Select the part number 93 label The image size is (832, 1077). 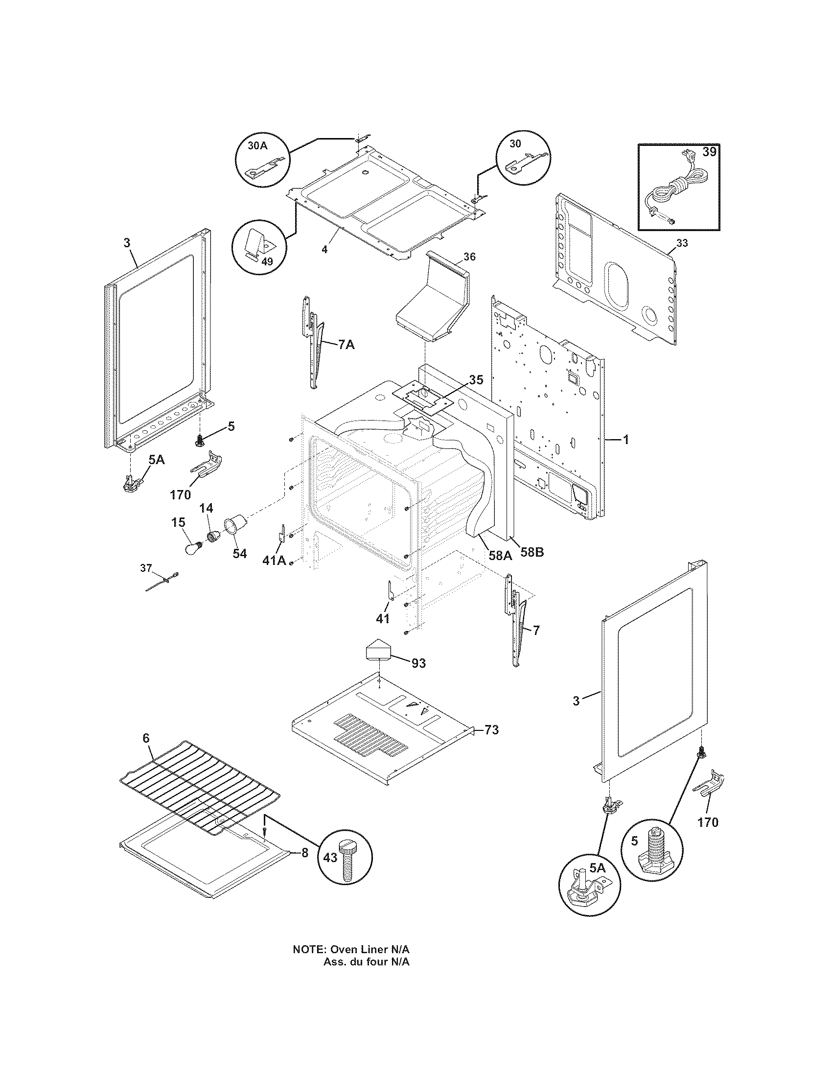tap(418, 663)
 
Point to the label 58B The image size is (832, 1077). tap(532, 552)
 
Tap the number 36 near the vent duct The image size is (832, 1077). tap(469, 257)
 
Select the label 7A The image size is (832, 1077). tap(346, 345)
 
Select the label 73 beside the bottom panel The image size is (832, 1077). tap(491, 744)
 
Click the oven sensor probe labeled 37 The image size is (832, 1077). tap(163, 582)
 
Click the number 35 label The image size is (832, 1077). tap(476, 380)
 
